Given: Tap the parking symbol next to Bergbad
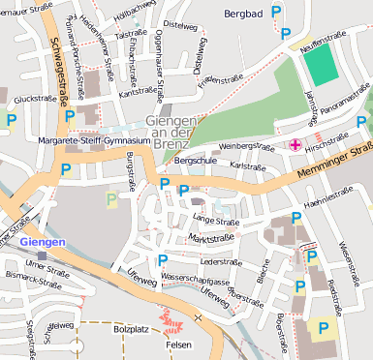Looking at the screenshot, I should click(276, 12).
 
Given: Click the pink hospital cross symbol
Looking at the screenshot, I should click(294, 146).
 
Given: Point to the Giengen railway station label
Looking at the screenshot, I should click(42, 240).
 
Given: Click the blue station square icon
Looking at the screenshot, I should click(42, 255).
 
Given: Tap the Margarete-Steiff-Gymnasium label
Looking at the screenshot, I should click(92, 140).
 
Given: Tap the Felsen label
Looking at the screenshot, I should click(178, 344).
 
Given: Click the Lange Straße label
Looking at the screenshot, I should click(215, 221).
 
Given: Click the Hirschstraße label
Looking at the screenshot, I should click(325, 139).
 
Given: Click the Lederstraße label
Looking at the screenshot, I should click(220, 260).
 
